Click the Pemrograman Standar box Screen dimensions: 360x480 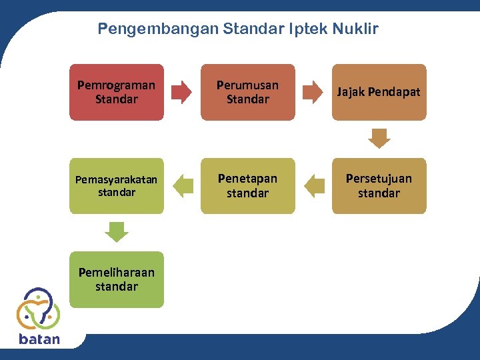point(116,92)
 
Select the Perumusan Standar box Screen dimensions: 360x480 point(247,92)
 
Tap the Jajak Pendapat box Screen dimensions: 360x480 point(379,92)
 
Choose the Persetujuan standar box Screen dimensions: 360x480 point(379,186)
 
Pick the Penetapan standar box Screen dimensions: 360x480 point(247,186)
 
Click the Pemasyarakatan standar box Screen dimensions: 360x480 point(116,186)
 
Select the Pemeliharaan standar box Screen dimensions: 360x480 point(116,279)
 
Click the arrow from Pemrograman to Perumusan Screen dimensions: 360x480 point(181,92)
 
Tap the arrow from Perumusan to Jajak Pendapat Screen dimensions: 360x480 point(313,92)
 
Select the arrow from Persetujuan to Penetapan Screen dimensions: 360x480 point(313,186)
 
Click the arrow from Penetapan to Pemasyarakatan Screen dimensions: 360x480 point(182,186)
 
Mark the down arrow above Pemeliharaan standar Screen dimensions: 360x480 point(117,232)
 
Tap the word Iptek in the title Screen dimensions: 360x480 point(306,29)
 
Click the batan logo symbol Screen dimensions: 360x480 point(38,309)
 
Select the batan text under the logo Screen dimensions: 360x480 point(39,339)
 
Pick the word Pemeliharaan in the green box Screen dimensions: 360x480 point(116,273)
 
